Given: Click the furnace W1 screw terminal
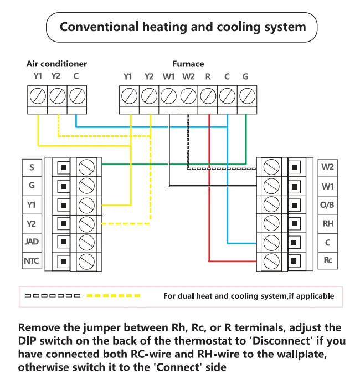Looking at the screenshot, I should [x=168, y=96].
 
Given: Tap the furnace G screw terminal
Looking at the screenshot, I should [x=246, y=96].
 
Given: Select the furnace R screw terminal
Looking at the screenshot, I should [x=207, y=96].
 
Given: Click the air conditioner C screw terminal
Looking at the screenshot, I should [x=76, y=96].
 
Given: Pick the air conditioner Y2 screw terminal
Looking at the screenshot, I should [x=57, y=96].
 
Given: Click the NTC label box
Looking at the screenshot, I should [x=31, y=260].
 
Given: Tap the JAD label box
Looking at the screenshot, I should [x=31, y=242].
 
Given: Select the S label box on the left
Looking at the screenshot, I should [x=31, y=167].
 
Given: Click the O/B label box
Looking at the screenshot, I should [x=328, y=204].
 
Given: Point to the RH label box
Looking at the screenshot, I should [x=328, y=223].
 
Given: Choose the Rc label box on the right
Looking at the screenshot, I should [x=328, y=260].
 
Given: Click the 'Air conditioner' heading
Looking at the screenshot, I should [x=56, y=64].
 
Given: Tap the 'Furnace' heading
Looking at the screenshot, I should [x=188, y=64].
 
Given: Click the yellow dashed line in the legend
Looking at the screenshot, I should [x=117, y=295].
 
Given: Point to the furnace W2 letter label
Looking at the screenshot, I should [x=188, y=76].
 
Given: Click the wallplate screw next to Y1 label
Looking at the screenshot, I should [x=86, y=204].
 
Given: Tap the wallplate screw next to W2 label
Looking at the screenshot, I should [x=271, y=166].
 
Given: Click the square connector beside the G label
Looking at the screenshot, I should [x=64, y=186].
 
